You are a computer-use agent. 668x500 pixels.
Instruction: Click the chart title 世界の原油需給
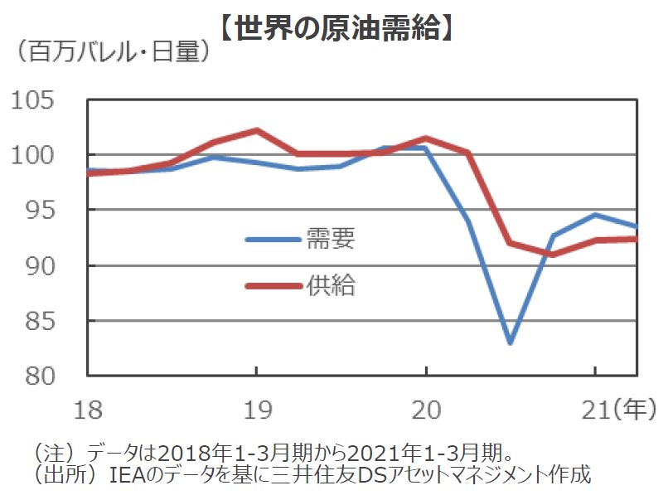click(x=335, y=27)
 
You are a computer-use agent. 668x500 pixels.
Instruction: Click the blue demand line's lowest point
click(x=510, y=342)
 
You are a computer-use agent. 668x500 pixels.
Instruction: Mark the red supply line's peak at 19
click(x=256, y=130)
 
